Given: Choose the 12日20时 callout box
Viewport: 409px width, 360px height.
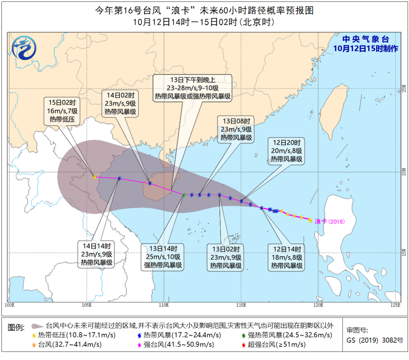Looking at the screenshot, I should click(287, 151).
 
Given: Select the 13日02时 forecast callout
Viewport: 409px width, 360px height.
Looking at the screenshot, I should click(225, 257).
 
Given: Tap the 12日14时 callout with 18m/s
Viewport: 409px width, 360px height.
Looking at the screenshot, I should click(287, 257).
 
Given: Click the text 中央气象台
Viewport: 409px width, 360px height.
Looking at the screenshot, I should click(360, 39).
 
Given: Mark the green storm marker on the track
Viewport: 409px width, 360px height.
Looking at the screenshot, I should click(184, 195).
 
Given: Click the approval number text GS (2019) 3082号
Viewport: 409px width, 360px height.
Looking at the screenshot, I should click(375, 341).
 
